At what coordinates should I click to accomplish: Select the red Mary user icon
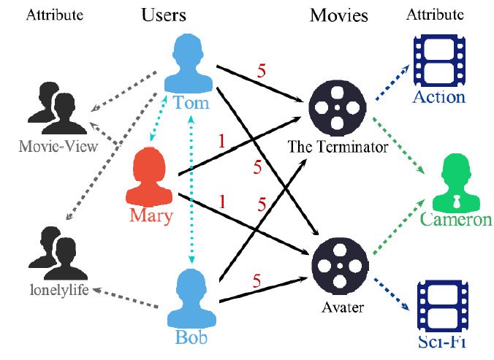151,177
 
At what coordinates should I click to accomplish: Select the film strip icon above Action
439,62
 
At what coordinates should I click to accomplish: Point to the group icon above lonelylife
48,253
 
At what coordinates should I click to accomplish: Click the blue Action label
439,98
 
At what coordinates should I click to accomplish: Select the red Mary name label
151,215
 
